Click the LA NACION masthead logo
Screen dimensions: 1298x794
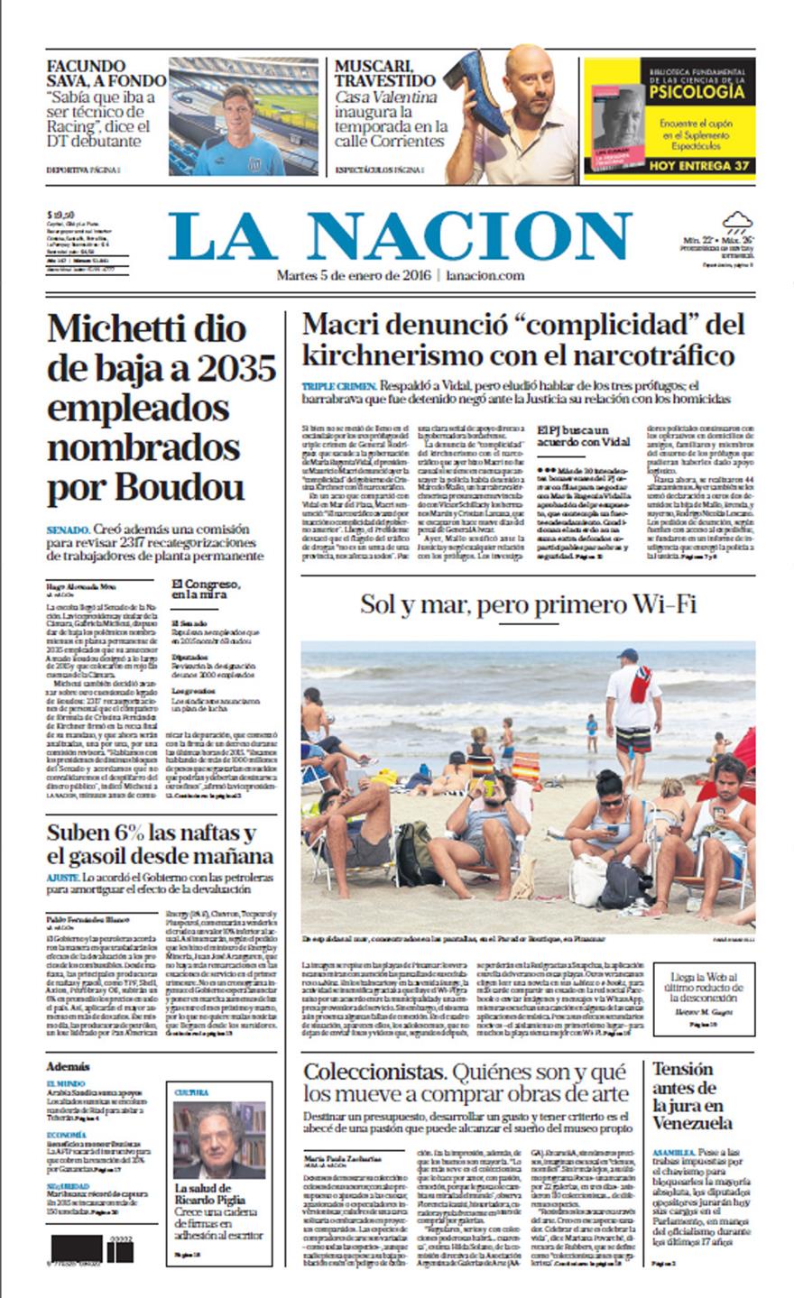[x=400, y=236]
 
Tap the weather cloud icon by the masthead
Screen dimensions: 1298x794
[x=737, y=221]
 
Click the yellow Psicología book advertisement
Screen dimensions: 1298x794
[x=669, y=118]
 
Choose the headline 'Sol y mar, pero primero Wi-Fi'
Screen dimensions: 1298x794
[x=528, y=603]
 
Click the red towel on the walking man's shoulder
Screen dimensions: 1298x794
[x=641, y=685]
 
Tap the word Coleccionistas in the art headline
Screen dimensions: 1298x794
[x=374, y=1072]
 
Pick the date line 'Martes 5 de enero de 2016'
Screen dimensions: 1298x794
[x=354, y=275]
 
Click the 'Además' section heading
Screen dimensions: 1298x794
[x=69, y=1065]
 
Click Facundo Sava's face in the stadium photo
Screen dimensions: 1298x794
[x=239, y=109]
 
